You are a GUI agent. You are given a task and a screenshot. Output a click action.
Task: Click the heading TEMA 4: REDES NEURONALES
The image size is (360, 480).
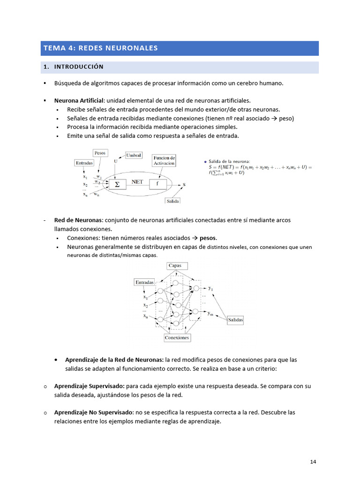[101, 48]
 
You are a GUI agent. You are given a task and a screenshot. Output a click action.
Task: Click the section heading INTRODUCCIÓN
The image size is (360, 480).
[79, 67]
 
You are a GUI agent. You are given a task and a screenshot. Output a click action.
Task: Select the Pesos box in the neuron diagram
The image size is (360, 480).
[100, 153]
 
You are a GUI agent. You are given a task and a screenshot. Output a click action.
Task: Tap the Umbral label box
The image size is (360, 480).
[133, 155]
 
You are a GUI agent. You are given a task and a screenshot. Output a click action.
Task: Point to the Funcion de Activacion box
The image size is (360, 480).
[164, 161]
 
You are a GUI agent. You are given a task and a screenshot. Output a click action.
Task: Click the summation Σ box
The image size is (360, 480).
[117, 184]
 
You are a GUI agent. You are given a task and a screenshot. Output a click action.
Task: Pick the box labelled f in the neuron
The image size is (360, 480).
[158, 184]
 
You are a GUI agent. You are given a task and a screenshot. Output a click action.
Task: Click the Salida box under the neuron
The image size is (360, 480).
[172, 201]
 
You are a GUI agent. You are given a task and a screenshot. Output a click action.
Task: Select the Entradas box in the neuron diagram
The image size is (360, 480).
[84, 163]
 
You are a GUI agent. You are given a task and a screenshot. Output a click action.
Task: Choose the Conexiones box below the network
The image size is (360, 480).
[177, 337]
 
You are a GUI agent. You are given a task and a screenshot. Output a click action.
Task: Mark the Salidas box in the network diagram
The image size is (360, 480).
[235, 320]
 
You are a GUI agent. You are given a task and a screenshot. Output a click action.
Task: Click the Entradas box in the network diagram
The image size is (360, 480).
[144, 283]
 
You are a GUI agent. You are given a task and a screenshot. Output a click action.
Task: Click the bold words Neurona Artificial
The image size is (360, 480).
[78, 100]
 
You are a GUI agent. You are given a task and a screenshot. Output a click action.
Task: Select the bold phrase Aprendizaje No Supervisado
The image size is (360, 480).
[94, 412]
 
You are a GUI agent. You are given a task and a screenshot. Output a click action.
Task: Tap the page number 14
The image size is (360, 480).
[313, 462]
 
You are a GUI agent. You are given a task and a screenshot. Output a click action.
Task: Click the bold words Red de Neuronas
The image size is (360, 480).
[78, 220]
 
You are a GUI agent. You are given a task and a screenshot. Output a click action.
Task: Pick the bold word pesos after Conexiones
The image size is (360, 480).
[208, 238]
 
